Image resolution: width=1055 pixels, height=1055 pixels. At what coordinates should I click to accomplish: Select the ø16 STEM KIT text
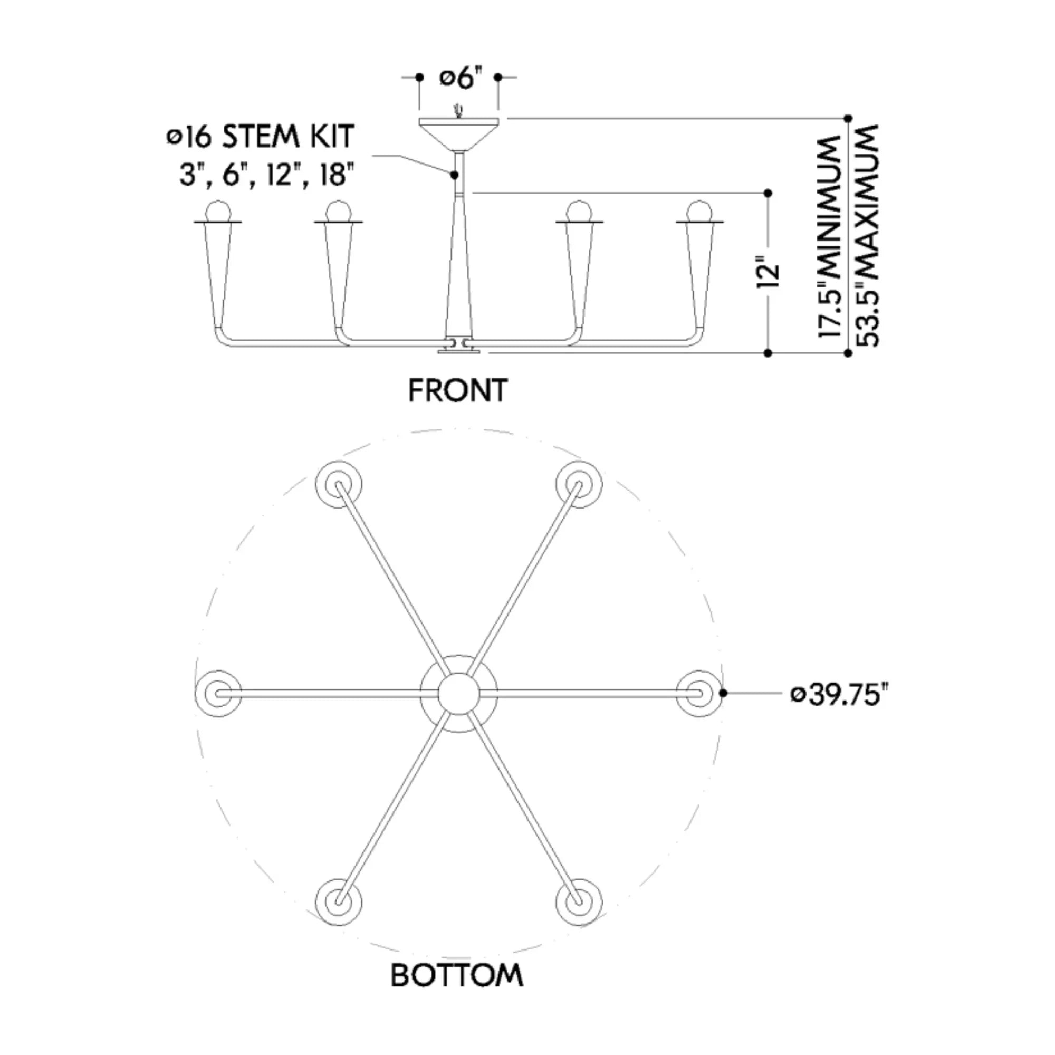261,136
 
